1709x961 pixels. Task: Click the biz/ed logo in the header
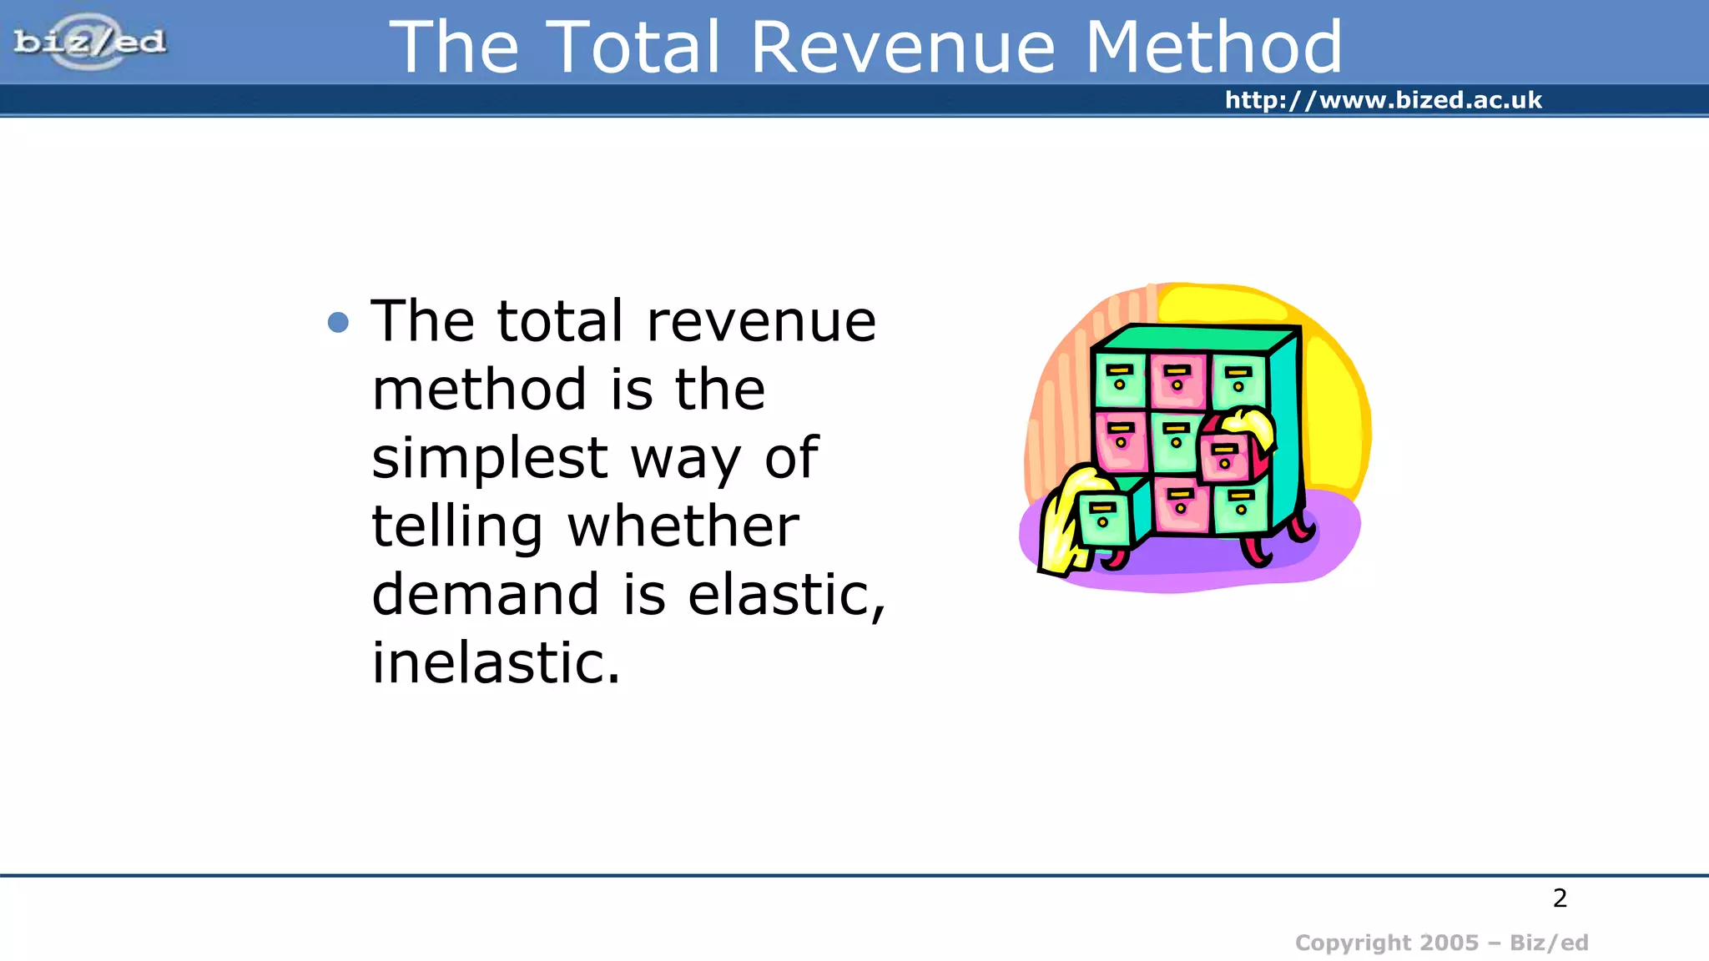tap(90, 42)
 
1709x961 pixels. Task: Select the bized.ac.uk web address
tap(1383, 100)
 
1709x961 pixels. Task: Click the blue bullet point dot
tap(338, 322)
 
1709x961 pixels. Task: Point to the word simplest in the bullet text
tap(490, 459)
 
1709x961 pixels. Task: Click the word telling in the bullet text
tap(457, 528)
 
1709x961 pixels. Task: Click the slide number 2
tap(1560, 898)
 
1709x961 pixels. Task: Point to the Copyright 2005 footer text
tap(1441, 943)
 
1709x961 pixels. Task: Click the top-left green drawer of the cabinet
tap(1119, 380)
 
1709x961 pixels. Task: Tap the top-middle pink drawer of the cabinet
tap(1177, 380)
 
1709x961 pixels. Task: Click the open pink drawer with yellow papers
tap(1224, 457)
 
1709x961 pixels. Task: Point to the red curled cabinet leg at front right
tap(1255, 551)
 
